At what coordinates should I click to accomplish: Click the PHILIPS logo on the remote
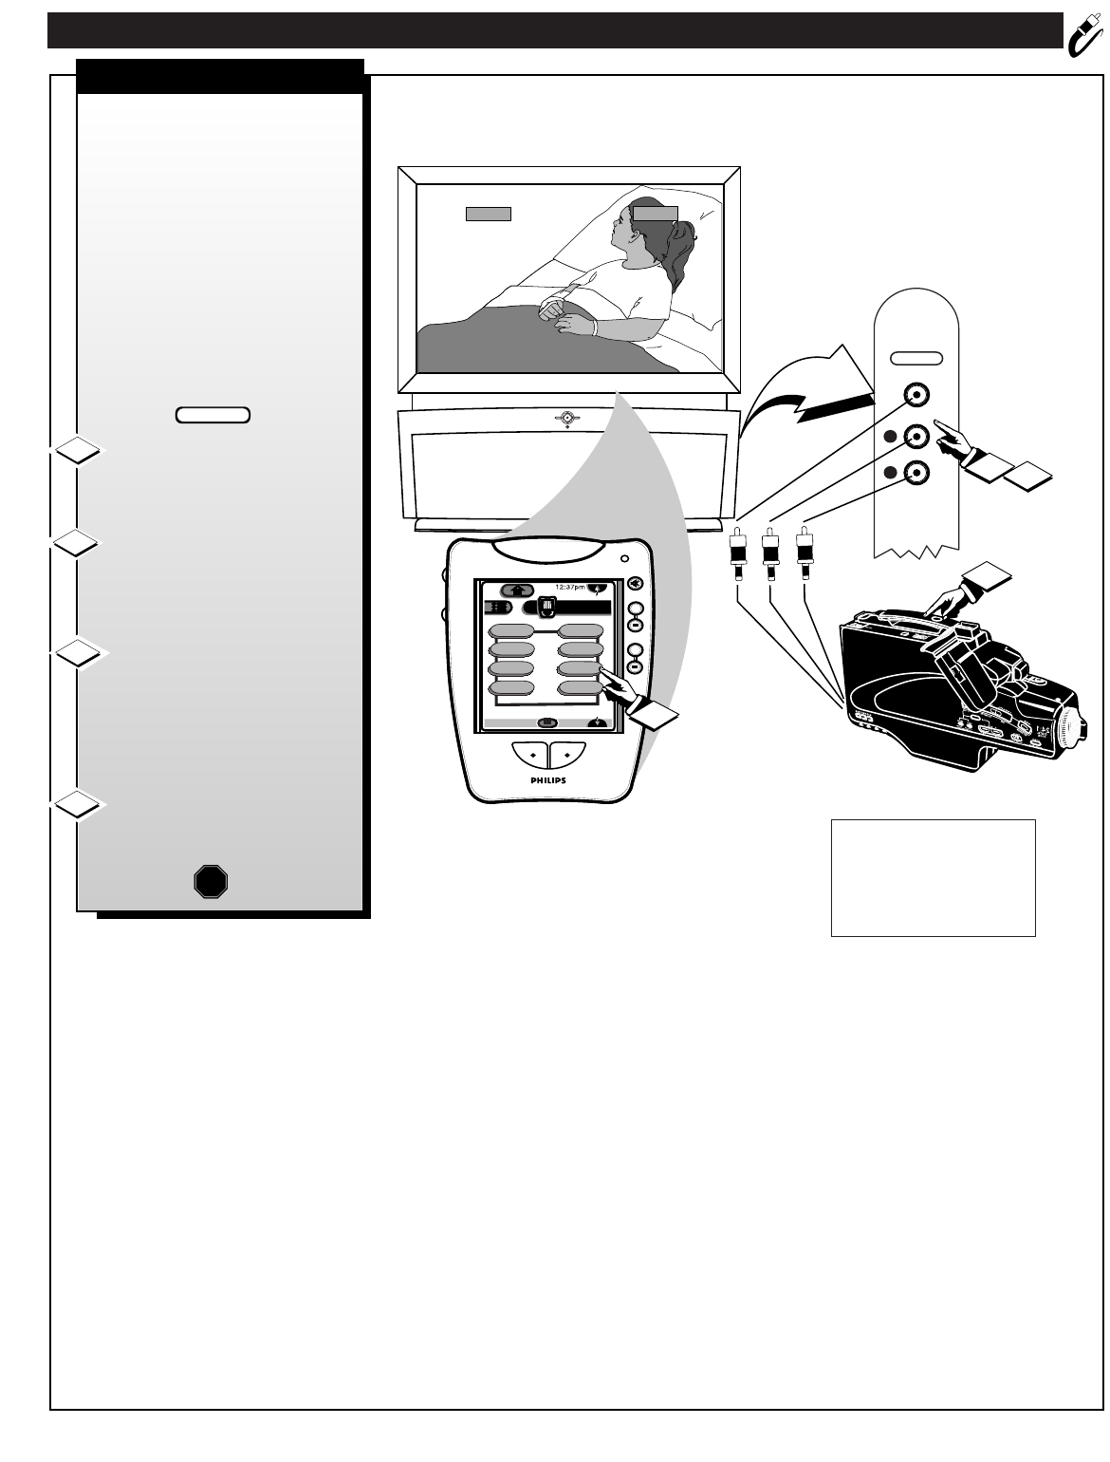(x=546, y=779)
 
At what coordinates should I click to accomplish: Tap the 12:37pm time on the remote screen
(x=569, y=588)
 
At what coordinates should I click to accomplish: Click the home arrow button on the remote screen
(x=517, y=590)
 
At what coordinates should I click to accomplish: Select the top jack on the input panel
(x=916, y=395)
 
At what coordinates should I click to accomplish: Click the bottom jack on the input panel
(x=916, y=472)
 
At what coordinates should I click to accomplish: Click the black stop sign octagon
(x=211, y=882)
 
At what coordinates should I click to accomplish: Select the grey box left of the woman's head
(x=488, y=213)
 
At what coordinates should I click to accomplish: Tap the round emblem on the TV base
(x=566, y=418)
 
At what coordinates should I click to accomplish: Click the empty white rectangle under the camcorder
(x=933, y=877)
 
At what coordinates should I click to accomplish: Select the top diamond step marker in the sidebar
(x=76, y=451)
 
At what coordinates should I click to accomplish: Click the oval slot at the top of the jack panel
(x=916, y=358)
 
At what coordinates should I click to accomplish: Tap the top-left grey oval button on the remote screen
(x=511, y=631)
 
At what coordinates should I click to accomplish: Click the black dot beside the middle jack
(x=890, y=436)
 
